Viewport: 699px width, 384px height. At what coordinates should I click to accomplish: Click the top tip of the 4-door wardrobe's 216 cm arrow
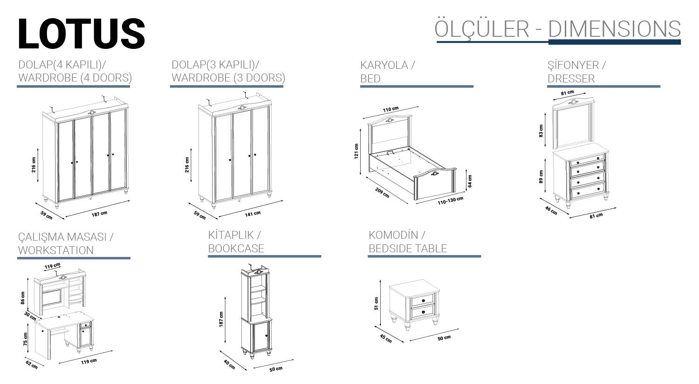click(x=38, y=148)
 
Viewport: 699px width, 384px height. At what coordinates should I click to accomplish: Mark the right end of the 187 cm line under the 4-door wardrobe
click(x=130, y=201)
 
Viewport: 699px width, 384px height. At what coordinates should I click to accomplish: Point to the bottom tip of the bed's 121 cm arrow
click(x=360, y=175)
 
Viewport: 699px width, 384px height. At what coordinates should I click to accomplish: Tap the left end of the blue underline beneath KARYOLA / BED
click(x=360, y=86)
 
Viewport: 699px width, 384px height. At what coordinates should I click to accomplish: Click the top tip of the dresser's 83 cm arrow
click(x=545, y=113)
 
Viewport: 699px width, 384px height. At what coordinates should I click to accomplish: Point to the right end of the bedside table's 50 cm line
click(x=459, y=329)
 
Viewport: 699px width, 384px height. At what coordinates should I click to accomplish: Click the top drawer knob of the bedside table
click(x=424, y=301)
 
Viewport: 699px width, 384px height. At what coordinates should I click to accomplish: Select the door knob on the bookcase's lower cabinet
click(x=266, y=336)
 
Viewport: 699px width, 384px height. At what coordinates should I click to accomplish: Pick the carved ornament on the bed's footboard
click(x=434, y=173)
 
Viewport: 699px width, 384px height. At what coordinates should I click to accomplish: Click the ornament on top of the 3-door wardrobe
click(x=241, y=108)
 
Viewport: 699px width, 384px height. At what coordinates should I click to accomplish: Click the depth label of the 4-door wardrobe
click(x=47, y=215)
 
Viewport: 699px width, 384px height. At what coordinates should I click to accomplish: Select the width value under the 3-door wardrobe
click(x=253, y=214)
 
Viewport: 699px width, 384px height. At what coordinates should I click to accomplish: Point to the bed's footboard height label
click(x=470, y=181)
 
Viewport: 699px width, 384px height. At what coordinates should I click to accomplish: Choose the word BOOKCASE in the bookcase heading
click(x=236, y=249)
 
